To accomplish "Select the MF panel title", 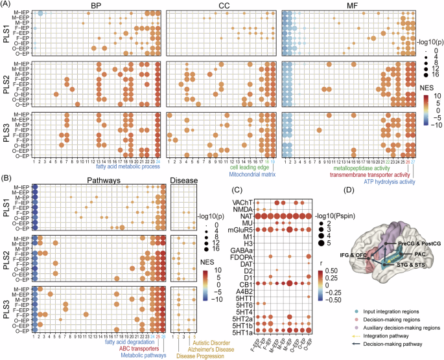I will pyautogui.click(x=341, y=5).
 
